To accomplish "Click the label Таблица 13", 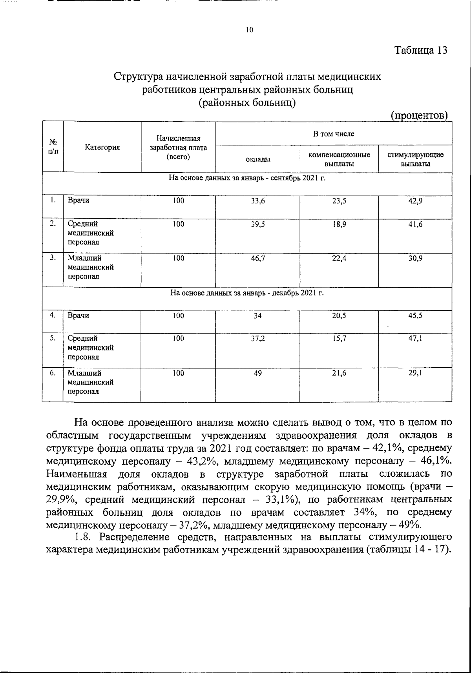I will (421, 50).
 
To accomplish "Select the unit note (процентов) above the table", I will (419, 116).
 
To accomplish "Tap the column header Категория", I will (102, 148).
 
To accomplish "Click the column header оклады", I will (257, 159).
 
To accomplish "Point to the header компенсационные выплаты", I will (339, 159).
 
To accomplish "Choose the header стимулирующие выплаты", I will (415, 159).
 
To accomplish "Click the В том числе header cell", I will (333, 134).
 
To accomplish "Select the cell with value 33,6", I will (258, 201).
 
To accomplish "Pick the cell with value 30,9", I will (415, 259).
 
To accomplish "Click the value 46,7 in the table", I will (258, 259).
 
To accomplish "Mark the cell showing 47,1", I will (415, 339).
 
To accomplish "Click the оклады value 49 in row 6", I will (257, 373).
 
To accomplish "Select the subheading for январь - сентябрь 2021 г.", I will (247, 178).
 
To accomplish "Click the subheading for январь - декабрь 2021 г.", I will (247, 293).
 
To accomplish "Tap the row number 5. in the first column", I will (53, 338).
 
